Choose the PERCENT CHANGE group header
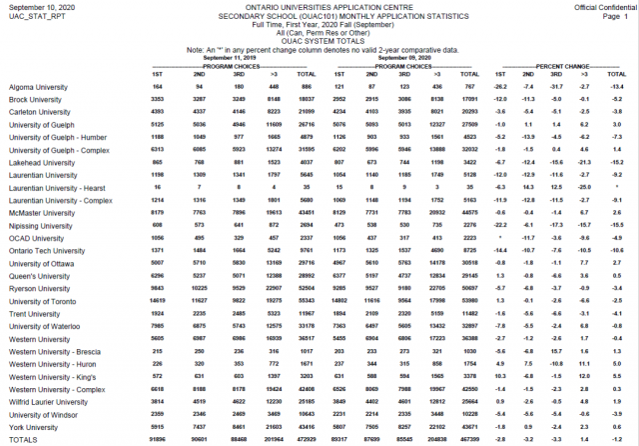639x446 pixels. click(562, 64)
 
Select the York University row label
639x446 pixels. click(33, 426)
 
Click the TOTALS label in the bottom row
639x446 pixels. click(23, 439)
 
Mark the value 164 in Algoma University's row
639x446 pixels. click(157, 88)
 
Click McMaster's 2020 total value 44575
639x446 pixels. click(467, 213)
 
